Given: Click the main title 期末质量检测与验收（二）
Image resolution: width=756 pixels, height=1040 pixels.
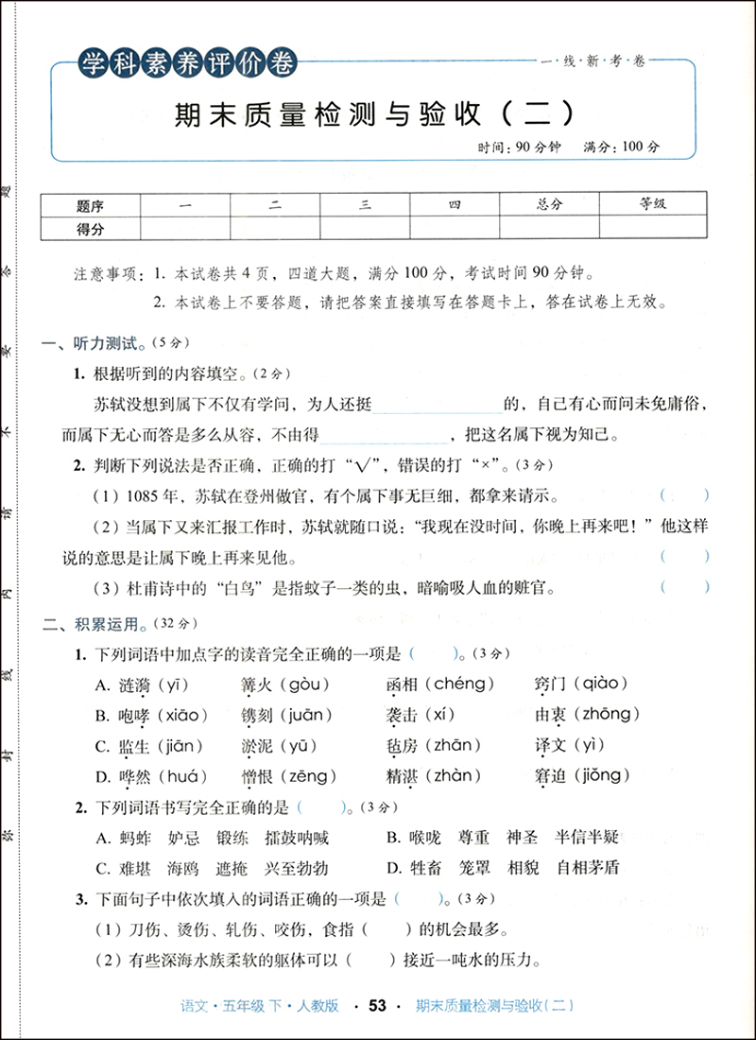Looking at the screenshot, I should (375, 115).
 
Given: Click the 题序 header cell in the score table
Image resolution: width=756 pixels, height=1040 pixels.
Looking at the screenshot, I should (91, 204).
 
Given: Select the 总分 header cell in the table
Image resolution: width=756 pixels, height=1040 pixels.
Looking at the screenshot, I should (549, 204).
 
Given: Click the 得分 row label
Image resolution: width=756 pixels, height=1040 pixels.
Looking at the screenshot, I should (91, 228).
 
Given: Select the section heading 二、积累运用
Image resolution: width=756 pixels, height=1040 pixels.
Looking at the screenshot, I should (94, 623).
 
